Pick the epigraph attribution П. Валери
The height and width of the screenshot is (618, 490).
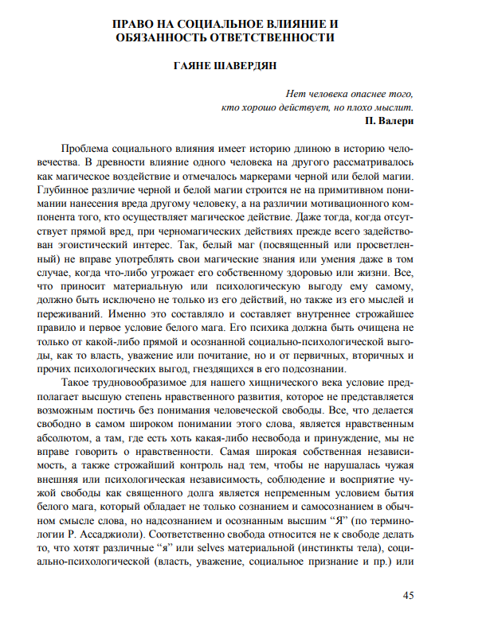[x=389, y=121]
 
